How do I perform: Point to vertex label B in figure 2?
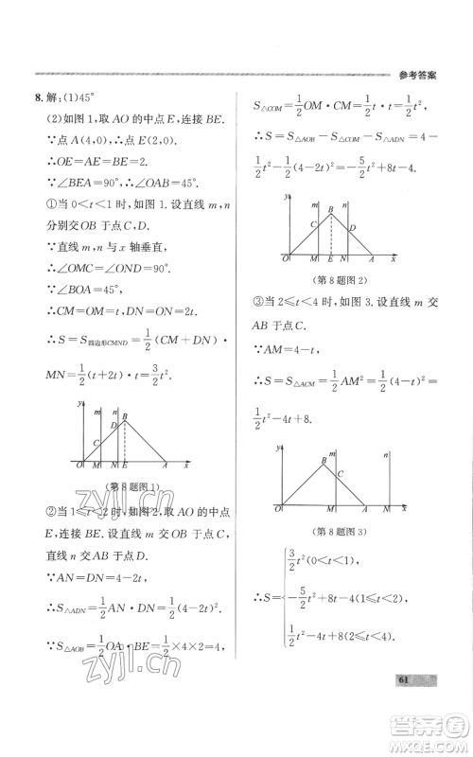pos(331,210)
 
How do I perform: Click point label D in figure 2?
pos(352,228)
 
